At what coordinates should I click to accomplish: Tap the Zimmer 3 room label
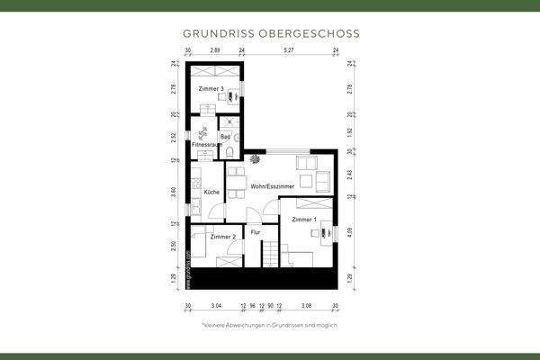[x=211, y=89]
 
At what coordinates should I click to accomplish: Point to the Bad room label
[x=226, y=137]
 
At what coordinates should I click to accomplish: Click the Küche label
[x=211, y=192]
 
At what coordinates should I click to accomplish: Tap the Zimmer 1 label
[x=304, y=220]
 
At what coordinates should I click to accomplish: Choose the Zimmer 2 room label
[x=222, y=237]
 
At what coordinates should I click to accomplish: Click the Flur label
[x=256, y=232]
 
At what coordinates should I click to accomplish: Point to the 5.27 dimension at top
[x=289, y=51]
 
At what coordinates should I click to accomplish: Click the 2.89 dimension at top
[x=215, y=51]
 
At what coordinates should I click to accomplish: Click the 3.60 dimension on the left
[x=175, y=192]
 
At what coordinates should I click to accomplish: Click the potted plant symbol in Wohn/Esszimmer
[x=256, y=158]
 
